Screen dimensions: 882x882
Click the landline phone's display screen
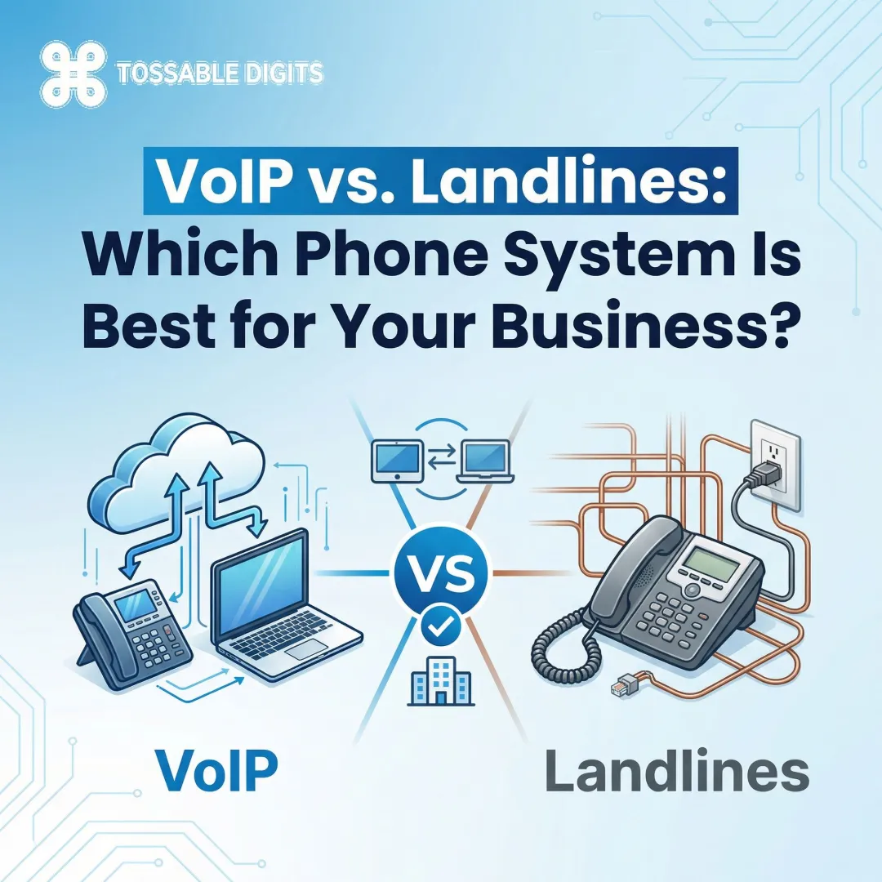coord(707,563)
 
